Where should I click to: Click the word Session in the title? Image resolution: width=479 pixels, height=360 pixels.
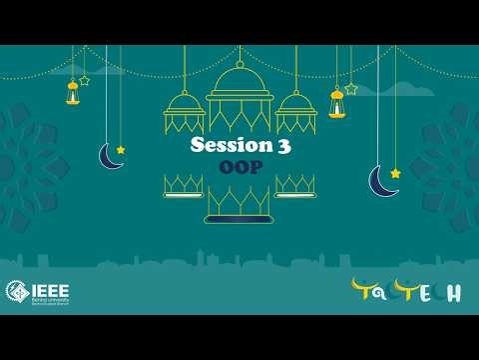click(x=226, y=146)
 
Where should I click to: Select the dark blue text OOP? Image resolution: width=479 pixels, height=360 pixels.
click(x=239, y=168)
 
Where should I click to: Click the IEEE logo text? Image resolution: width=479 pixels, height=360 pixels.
click(x=49, y=290)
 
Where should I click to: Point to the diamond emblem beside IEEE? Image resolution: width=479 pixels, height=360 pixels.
click(x=17, y=291)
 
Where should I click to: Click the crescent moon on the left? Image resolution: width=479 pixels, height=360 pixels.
click(x=109, y=157)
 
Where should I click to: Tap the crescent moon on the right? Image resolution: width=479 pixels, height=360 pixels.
click(x=382, y=181)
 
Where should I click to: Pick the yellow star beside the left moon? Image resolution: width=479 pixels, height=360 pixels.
click(x=121, y=150)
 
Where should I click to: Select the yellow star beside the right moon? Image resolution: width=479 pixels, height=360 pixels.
click(x=395, y=173)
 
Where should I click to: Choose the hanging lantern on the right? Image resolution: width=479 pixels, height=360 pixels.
click(x=337, y=102)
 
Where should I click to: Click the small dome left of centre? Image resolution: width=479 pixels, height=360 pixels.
click(x=184, y=112)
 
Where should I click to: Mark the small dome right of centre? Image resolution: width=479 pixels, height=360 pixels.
click(x=295, y=112)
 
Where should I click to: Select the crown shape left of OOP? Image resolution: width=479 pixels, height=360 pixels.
click(x=184, y=185)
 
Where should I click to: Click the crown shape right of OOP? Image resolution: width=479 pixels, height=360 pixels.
click(x=295, y=185)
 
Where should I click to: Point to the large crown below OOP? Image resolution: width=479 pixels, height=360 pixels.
click(x=239, y=206)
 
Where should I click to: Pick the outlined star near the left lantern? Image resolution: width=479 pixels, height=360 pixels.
click(x=85, y=80)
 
